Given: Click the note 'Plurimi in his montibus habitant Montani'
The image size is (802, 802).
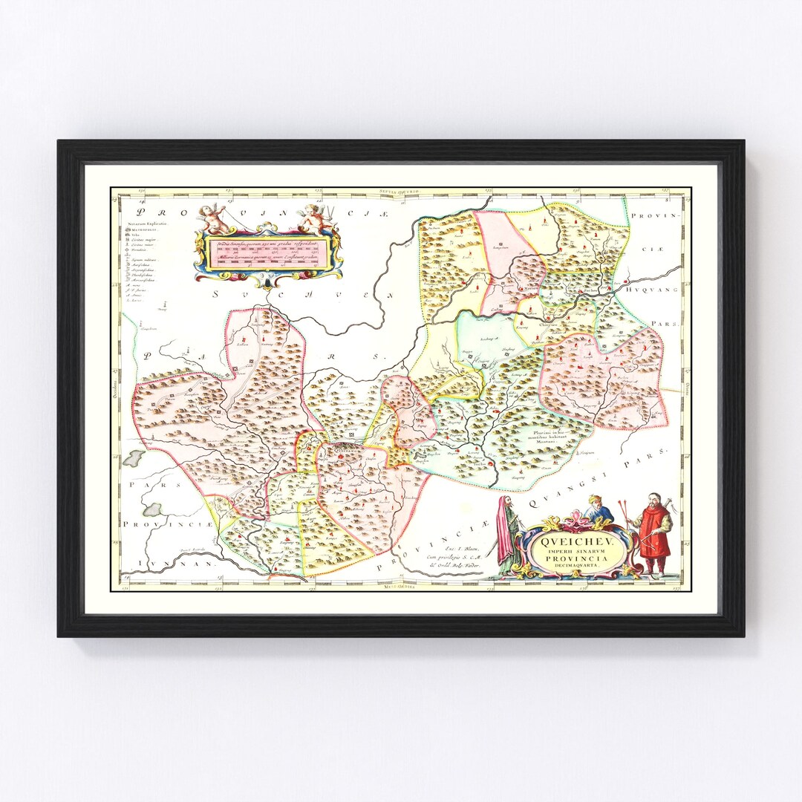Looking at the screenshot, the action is [547, 435].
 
